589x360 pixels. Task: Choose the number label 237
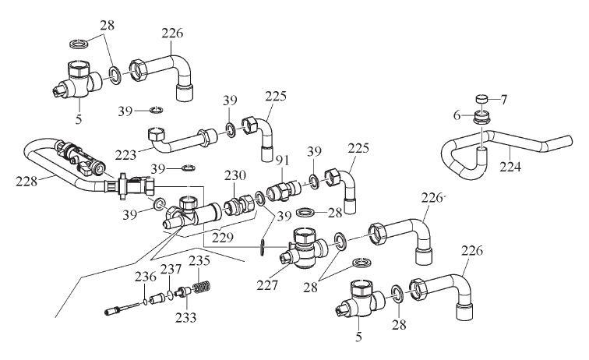171,269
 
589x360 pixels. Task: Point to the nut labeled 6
483,118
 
